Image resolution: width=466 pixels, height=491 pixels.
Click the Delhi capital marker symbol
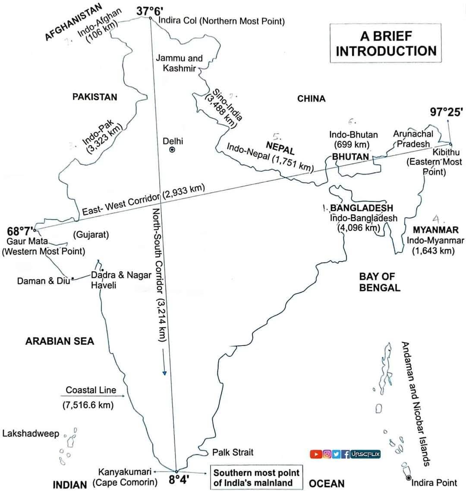[172, 150]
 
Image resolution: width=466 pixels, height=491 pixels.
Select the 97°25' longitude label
[446, 112]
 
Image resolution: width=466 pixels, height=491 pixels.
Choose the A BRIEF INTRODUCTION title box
[386, 43]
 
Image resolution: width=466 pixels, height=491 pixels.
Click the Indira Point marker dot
[408, 478]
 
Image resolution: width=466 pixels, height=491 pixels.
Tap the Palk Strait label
[233, 452]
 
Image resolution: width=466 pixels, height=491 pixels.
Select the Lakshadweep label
[31, 433]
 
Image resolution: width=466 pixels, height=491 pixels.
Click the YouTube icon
[316, 454]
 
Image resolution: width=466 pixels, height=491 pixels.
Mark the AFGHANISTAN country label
[74, 22]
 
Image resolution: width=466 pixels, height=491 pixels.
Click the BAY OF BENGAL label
[380, 282]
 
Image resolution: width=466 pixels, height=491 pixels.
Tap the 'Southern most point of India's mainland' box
[256, 478]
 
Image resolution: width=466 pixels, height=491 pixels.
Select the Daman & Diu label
[43, 281]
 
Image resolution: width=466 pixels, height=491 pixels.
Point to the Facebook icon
[346, 454]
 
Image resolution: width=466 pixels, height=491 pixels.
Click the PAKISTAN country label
[94, 97]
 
